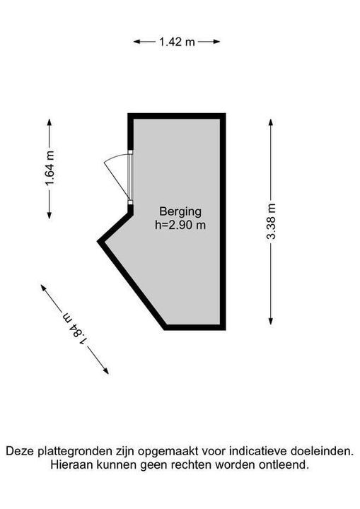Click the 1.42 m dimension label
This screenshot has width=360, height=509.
tap(177, 42)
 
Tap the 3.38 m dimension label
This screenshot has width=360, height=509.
tap(271, 221)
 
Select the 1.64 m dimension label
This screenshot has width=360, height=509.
tap(50, 168)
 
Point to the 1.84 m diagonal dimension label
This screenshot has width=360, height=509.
tap(75, 329)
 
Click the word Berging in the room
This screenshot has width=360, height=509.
tap(180, 211)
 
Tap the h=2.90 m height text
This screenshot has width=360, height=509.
tap(180, 225)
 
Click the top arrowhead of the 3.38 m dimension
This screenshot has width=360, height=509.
tap(271, 123)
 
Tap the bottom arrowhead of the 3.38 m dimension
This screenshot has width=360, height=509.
tap(271, 321)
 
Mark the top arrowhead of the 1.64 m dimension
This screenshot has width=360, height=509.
tap(50, 122)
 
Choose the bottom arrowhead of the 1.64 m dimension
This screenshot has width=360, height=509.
tap(50, 215)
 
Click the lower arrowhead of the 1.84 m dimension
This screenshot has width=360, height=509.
tap(105, 370)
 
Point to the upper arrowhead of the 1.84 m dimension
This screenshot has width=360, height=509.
tap(44, 288)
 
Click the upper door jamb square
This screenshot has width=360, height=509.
tap(130, 151)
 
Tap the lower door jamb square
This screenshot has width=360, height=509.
tap(130, 203)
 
